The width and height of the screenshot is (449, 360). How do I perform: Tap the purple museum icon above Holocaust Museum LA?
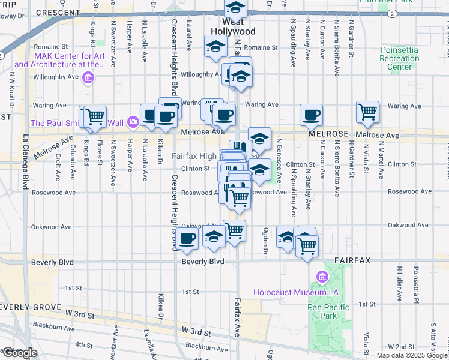(x=321, y=277)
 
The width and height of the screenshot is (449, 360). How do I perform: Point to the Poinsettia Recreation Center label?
(x=400, y=58)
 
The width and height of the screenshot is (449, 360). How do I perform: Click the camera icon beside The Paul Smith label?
(x=132, y=123)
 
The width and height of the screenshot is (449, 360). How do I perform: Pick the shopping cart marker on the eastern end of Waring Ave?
(x=367, y=112)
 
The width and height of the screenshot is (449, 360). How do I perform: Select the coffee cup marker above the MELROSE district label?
(x=311, y=115)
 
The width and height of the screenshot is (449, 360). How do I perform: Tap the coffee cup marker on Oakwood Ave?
(x=187, y=238)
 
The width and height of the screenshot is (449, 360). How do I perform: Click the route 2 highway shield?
(x=391, y=13)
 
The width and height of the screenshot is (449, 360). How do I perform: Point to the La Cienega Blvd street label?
(x=26, y=158)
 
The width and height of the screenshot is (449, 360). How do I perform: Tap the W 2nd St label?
(x=402, y=347)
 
